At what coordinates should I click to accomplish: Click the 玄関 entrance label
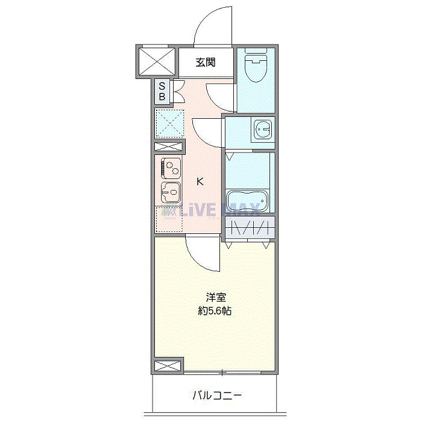coord(206,61)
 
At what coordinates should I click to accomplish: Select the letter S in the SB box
coord(162,86)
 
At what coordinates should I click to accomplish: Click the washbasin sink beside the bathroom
coord(262,129)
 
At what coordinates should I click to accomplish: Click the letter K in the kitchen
coord(201,181)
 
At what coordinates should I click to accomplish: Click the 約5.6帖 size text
coord(215,311)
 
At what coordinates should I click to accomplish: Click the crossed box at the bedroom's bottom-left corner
coord(168,366)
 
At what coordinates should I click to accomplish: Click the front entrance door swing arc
coord(212,25)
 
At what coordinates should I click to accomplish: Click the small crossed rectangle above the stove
coord(168,147)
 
